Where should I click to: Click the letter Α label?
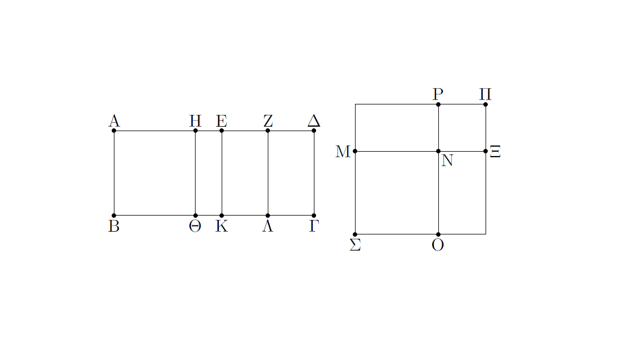(x=114, y=121)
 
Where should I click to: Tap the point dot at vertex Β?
(x=114, y=216)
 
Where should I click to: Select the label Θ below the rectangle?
(x=195, y=226)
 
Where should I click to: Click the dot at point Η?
(x=196, y=131)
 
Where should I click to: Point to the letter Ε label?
(x=222, y=121)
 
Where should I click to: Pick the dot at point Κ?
(x=222, y=216)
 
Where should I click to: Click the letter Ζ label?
(x=268, y=121)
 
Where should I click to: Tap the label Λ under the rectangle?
(x=267, y=226)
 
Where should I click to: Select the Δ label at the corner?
(x=314, y=121)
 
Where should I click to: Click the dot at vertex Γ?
(x=314, y=216)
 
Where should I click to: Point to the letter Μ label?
(x=343, y=152)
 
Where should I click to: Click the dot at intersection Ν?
(x=438, y=152)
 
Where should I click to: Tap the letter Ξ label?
(x=495, y=152)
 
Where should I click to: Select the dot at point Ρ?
(x=438, y=104)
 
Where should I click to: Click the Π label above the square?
(x=486, y=94)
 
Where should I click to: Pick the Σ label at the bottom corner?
(x=355, y=245)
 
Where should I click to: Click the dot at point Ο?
(x=438, y=234)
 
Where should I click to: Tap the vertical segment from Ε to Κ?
(x=222, y=173)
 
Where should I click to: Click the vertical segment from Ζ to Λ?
(x=268, y=173)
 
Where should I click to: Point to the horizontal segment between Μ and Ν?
(x=397, y=152)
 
